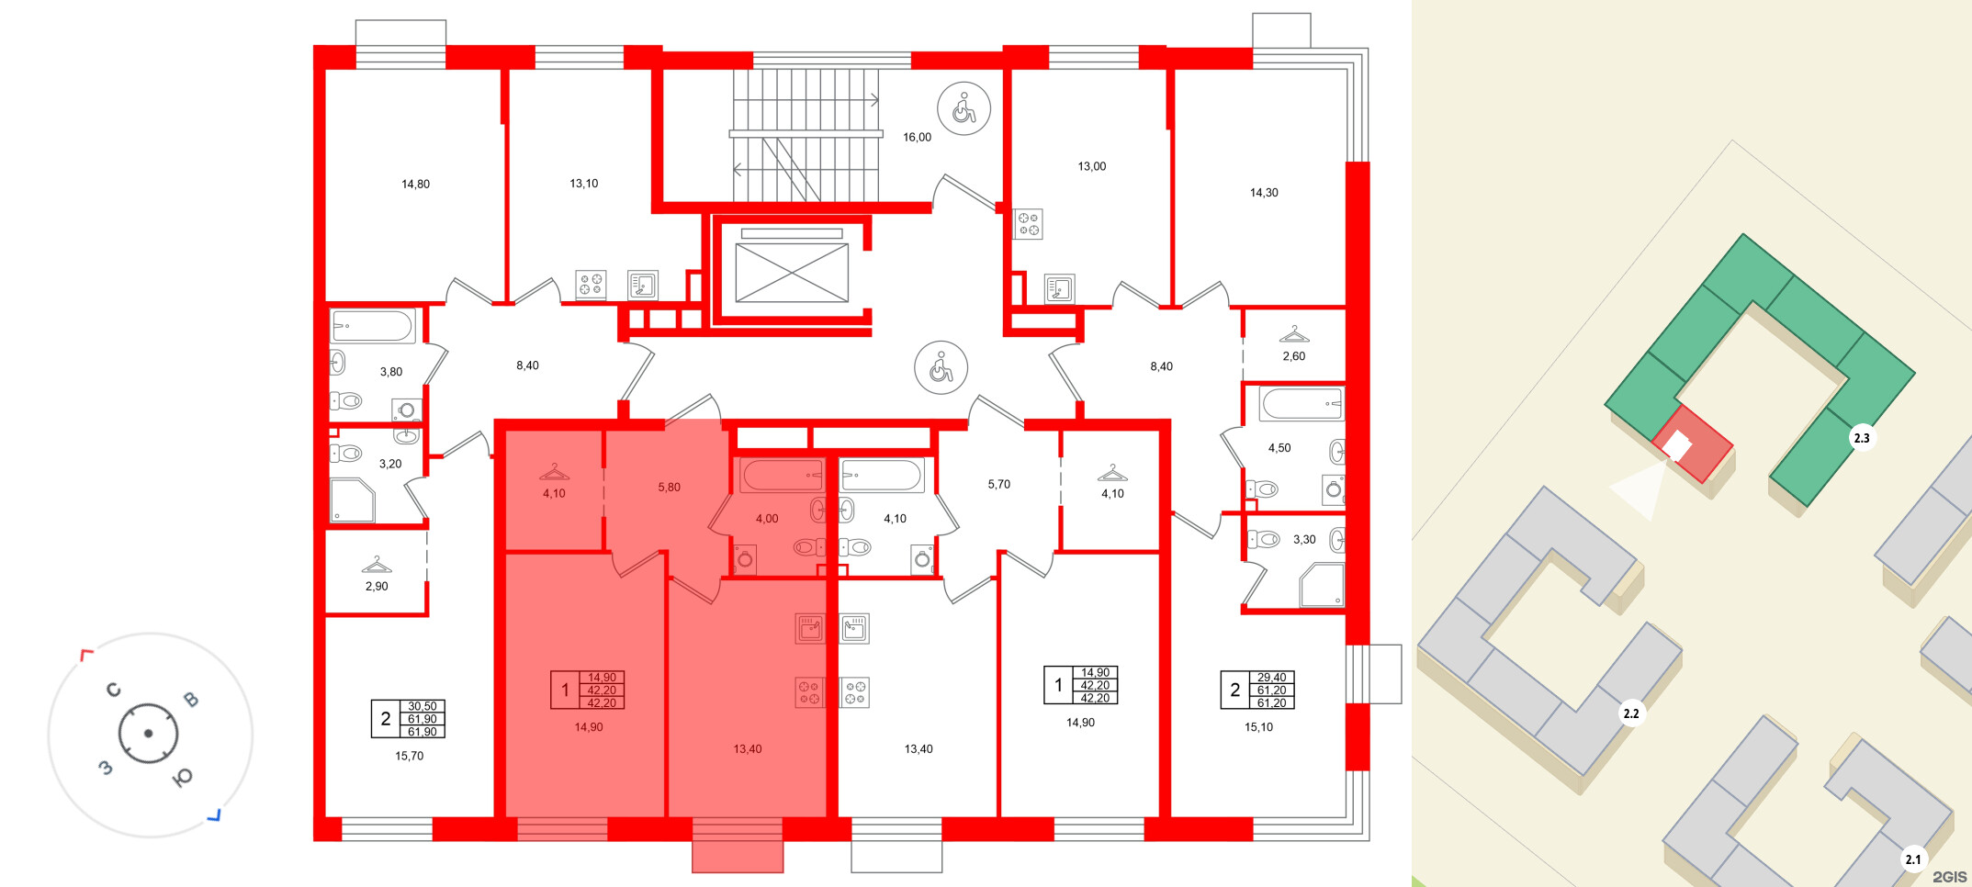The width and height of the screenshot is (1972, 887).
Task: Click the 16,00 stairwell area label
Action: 917,138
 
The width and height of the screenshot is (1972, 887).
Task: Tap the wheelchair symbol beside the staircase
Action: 963,108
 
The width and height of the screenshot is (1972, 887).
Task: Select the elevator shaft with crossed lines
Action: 792,272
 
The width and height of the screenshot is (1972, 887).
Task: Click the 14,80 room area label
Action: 415,185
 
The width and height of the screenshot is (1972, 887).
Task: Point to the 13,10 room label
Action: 583,184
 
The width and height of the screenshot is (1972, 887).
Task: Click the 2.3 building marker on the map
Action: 1861,438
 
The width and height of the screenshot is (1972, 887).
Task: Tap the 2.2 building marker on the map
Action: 1630,713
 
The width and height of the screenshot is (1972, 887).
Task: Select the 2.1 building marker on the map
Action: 1912,859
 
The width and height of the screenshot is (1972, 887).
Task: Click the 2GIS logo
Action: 1949,877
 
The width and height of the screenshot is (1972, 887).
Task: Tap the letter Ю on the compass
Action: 183,778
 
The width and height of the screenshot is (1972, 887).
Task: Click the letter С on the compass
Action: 114,690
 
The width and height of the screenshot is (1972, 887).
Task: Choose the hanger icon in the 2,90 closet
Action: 377,565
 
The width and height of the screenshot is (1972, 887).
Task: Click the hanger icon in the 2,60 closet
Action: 1293,334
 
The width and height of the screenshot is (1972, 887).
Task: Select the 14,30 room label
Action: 1263,193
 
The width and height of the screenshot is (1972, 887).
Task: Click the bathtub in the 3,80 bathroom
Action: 373,327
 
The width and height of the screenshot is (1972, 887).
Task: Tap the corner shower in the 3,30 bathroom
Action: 1322,585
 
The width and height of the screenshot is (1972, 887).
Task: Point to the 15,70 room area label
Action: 409,757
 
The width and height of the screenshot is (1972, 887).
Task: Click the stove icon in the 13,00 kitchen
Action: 1028,224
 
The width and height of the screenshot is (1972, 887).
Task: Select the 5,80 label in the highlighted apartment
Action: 669,488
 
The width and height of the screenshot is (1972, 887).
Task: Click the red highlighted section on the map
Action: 1704,450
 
